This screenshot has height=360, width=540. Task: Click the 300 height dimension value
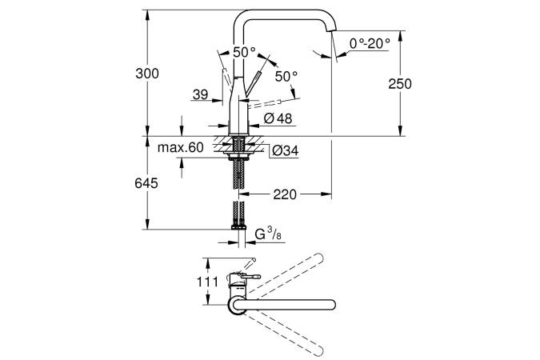[148, 74]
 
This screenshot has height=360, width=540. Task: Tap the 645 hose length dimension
[147, 183]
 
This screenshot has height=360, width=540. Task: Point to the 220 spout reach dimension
[286, 194]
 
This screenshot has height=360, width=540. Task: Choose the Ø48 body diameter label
[274, 119]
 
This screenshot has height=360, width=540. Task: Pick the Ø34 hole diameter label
[284, 150]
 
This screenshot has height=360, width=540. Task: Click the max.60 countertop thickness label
[180, 147]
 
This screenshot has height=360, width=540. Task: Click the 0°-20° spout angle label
[368, 43]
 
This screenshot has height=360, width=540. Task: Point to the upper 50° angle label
[244, 52]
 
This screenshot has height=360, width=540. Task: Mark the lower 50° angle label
[286, 76]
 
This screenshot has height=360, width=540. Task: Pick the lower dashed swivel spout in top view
[288, 331]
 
